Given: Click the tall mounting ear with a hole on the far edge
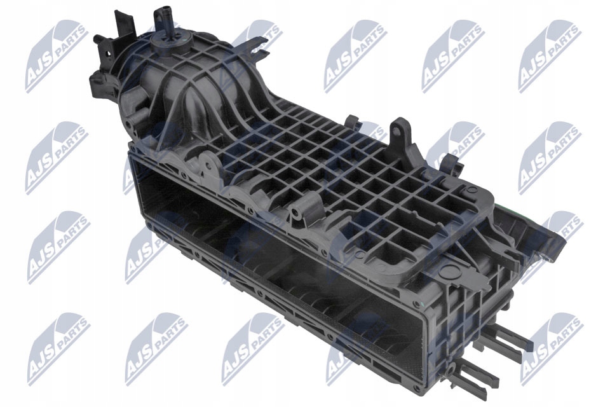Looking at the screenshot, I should (397, 131).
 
